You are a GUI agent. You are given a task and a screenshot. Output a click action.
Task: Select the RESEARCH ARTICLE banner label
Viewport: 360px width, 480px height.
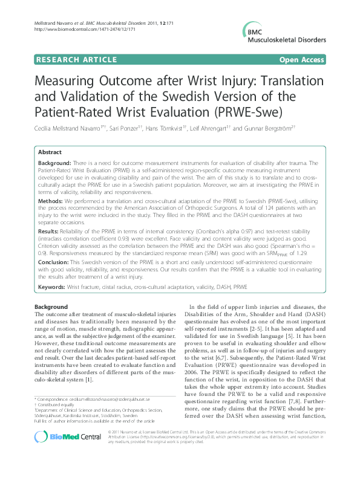point(77,60)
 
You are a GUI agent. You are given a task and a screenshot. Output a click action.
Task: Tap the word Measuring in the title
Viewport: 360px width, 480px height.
point(71,82)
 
